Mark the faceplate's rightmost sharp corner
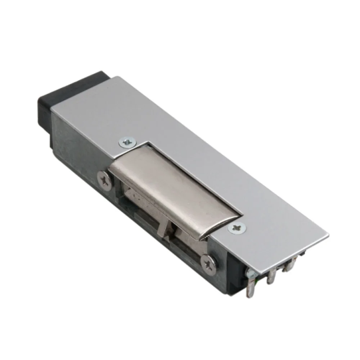coord(328,236)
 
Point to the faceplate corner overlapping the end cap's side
coord(51,108)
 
